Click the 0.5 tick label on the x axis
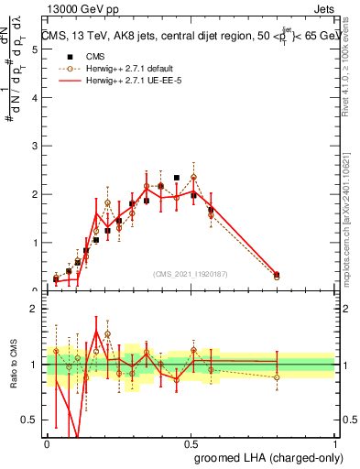[191, 443]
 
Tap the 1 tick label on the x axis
[335, 443]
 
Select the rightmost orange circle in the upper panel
[277, 276]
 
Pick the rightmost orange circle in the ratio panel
[277, 377]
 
